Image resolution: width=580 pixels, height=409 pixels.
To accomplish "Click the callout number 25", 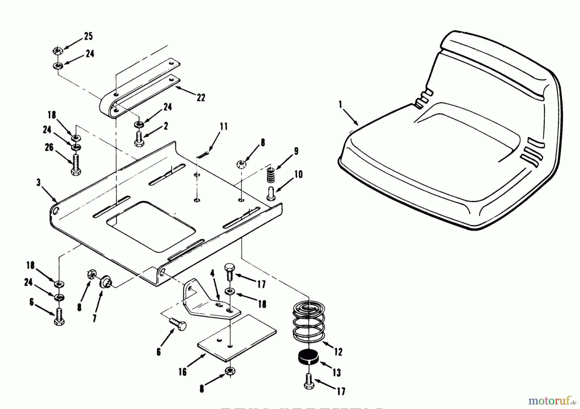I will (88, 36).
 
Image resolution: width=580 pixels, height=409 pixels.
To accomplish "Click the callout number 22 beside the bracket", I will (201, 97).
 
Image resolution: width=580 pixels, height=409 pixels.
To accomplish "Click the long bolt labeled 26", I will (76, 164).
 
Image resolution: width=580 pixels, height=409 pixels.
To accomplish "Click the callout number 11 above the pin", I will (223, 127).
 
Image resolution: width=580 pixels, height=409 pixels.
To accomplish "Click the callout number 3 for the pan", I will (39, 182).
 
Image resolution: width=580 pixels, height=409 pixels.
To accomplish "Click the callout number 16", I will (182, 372).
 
